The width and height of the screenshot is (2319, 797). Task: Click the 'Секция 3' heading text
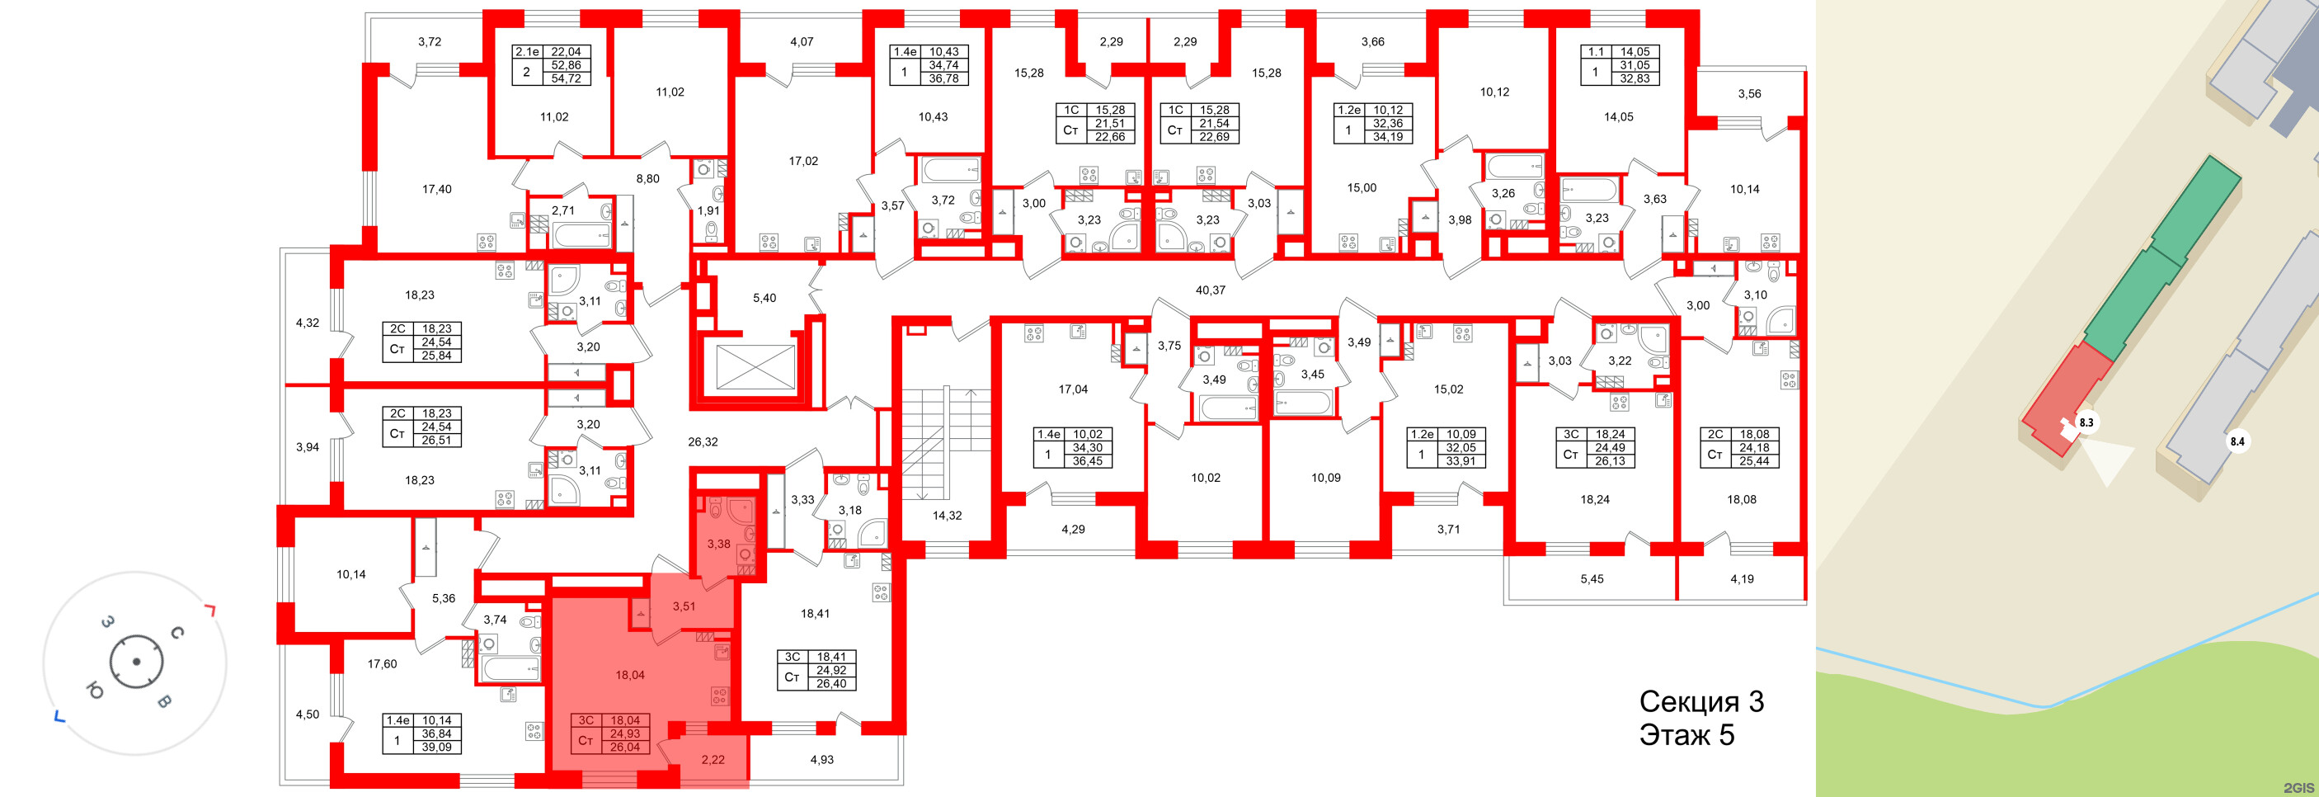click(1700, 700)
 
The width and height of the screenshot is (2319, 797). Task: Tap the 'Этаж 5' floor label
click(1686, 735)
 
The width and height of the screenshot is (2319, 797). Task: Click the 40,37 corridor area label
click(1210, 290)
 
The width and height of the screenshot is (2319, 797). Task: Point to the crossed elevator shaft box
click(755, 366)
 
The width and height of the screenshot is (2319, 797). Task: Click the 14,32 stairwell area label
click(946, 516)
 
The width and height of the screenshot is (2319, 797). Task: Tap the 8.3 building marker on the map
click(2086, 422)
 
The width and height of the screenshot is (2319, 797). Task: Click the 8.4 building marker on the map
click(2237, 441)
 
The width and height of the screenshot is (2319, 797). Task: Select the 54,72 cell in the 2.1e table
click(566, 78)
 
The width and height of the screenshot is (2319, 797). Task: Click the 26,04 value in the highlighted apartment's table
click(625, 747)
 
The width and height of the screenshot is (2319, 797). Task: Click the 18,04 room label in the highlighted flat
click(629, 675)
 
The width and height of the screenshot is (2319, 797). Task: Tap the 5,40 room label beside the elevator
click(764, 298)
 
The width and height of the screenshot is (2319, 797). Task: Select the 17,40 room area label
click(436, 189)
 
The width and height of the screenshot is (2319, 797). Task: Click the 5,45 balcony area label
click(1591, 579)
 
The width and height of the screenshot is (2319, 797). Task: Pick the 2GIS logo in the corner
click(2299, 788)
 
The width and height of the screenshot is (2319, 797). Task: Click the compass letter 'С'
click(177, 633)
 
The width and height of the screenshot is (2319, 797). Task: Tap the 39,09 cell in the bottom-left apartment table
click(436, 747)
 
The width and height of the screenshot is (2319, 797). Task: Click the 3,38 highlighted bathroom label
click(717, 544)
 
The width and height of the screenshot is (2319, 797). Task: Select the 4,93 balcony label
click(821, 760)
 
